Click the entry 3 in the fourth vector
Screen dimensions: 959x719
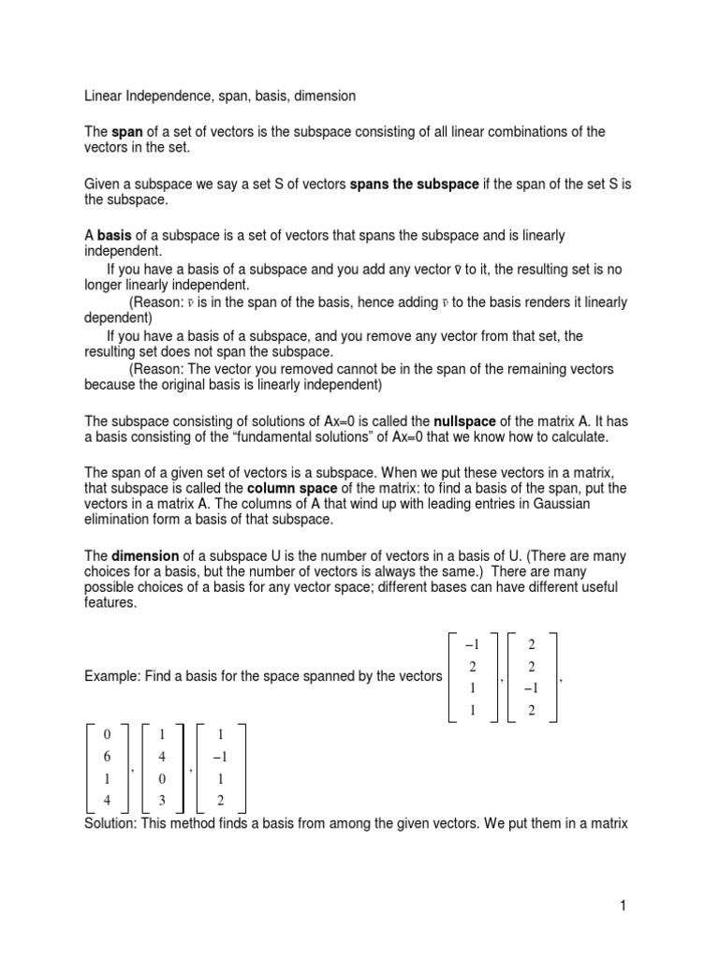point(165,799)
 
